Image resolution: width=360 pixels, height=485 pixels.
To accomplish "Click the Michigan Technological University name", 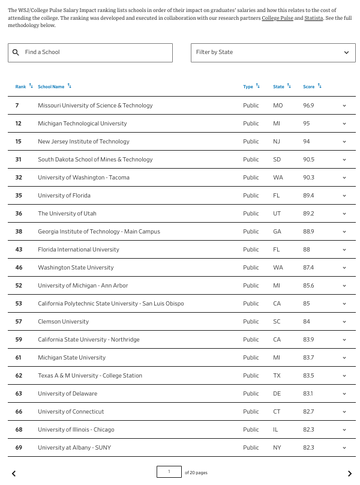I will (x=82, y=124).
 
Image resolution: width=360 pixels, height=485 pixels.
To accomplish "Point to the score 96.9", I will (x=308, y=106).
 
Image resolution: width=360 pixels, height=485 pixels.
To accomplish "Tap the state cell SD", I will (x=277, y=160).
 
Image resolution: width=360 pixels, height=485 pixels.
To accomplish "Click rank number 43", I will (x=19, y=250).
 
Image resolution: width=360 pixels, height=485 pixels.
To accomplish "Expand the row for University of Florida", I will (x=344, y=196).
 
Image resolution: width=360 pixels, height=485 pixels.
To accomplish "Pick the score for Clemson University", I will (x=307, y=322).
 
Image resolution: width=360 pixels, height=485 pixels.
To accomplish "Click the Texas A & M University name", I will (x=90, y=376).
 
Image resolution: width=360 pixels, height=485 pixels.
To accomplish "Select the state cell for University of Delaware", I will (x=277, y=394).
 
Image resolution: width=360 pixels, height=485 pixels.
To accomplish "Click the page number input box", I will (x=169, y=472).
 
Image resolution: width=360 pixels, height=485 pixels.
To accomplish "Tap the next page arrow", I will (x=350, y=474).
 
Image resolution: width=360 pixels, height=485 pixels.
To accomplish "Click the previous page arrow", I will (x=14, y=474).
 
